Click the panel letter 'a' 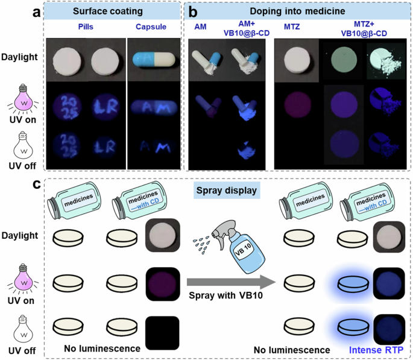coord(37,11)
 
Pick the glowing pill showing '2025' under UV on coord(69,102)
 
